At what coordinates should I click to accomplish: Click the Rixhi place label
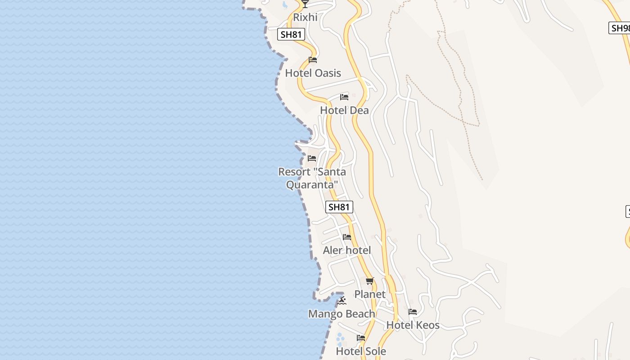pos(305,17)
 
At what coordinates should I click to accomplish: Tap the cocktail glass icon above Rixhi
pos(305,4)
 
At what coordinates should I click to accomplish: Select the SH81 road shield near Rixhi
pos(291,34)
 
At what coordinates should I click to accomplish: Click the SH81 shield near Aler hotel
pos(339,207)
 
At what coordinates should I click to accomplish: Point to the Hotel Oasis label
pos(313,73)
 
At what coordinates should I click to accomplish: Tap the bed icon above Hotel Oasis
pos(313,60)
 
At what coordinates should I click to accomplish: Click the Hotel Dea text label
pos(344,110)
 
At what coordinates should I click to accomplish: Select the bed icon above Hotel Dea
pos(344,97)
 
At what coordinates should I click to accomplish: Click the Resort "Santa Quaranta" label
pos(312,178)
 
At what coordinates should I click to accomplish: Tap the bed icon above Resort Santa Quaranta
pos(312,158)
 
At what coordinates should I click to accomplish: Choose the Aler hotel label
pos(347,250)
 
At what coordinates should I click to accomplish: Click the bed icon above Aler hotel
pos(347,237)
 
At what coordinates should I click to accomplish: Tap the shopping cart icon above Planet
pos(370,281)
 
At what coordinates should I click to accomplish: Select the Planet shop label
pos(370,294)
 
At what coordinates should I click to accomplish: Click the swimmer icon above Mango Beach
pos(342,301)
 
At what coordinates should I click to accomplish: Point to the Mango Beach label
pos(342,314)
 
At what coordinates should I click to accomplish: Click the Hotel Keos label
pos(413,325)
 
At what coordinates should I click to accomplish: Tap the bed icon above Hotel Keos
pos(413,312)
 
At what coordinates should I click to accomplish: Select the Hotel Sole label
pos(361,351)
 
